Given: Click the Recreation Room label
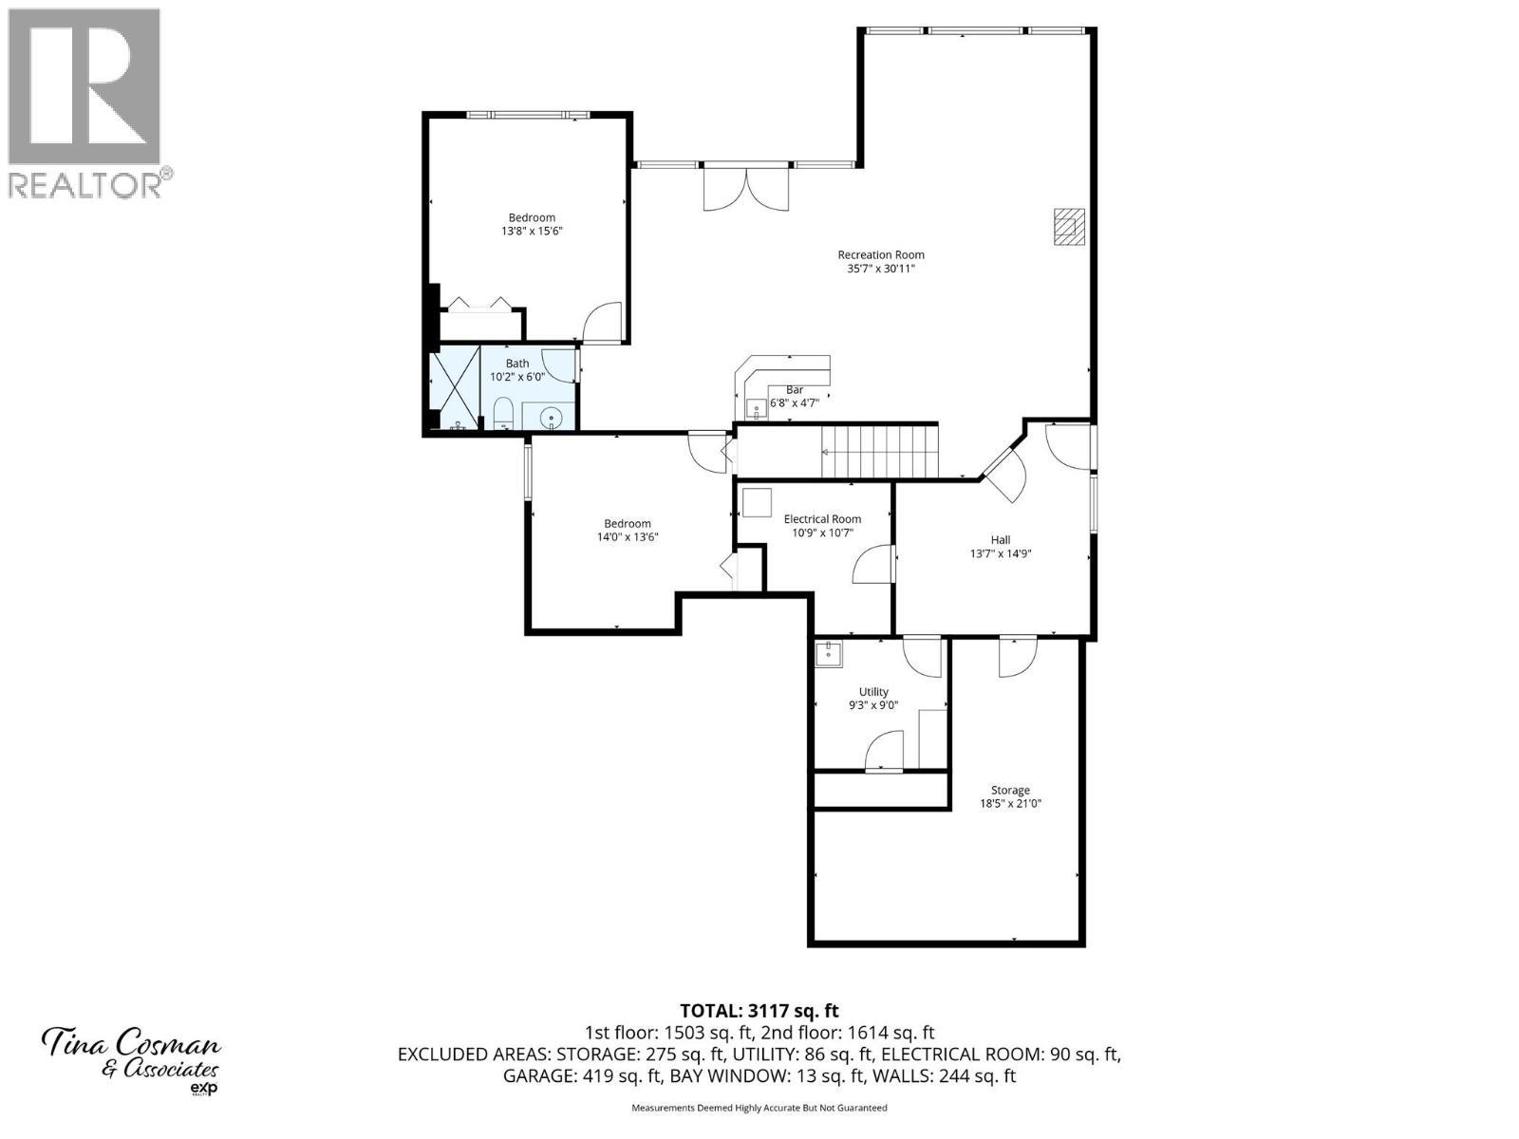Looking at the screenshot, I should [880, 254].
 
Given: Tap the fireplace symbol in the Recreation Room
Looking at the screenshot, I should [1069, 227].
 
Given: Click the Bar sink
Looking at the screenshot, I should [758, 409].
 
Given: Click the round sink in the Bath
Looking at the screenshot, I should [551, 416].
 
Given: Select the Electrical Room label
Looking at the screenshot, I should [822, 519].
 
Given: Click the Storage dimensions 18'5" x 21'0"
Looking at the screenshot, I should [1010, 804].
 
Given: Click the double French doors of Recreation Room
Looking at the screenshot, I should [746, 188].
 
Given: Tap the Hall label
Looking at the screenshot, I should [1001, 539].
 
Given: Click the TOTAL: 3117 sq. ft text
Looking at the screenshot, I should [759, 1011].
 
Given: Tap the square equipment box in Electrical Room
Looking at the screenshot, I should [757, 502].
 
